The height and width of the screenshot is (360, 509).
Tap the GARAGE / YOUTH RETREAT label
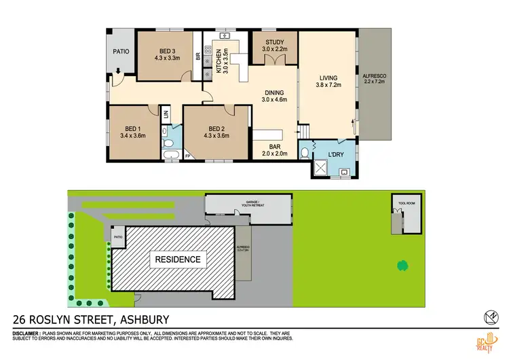[248, 202]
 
